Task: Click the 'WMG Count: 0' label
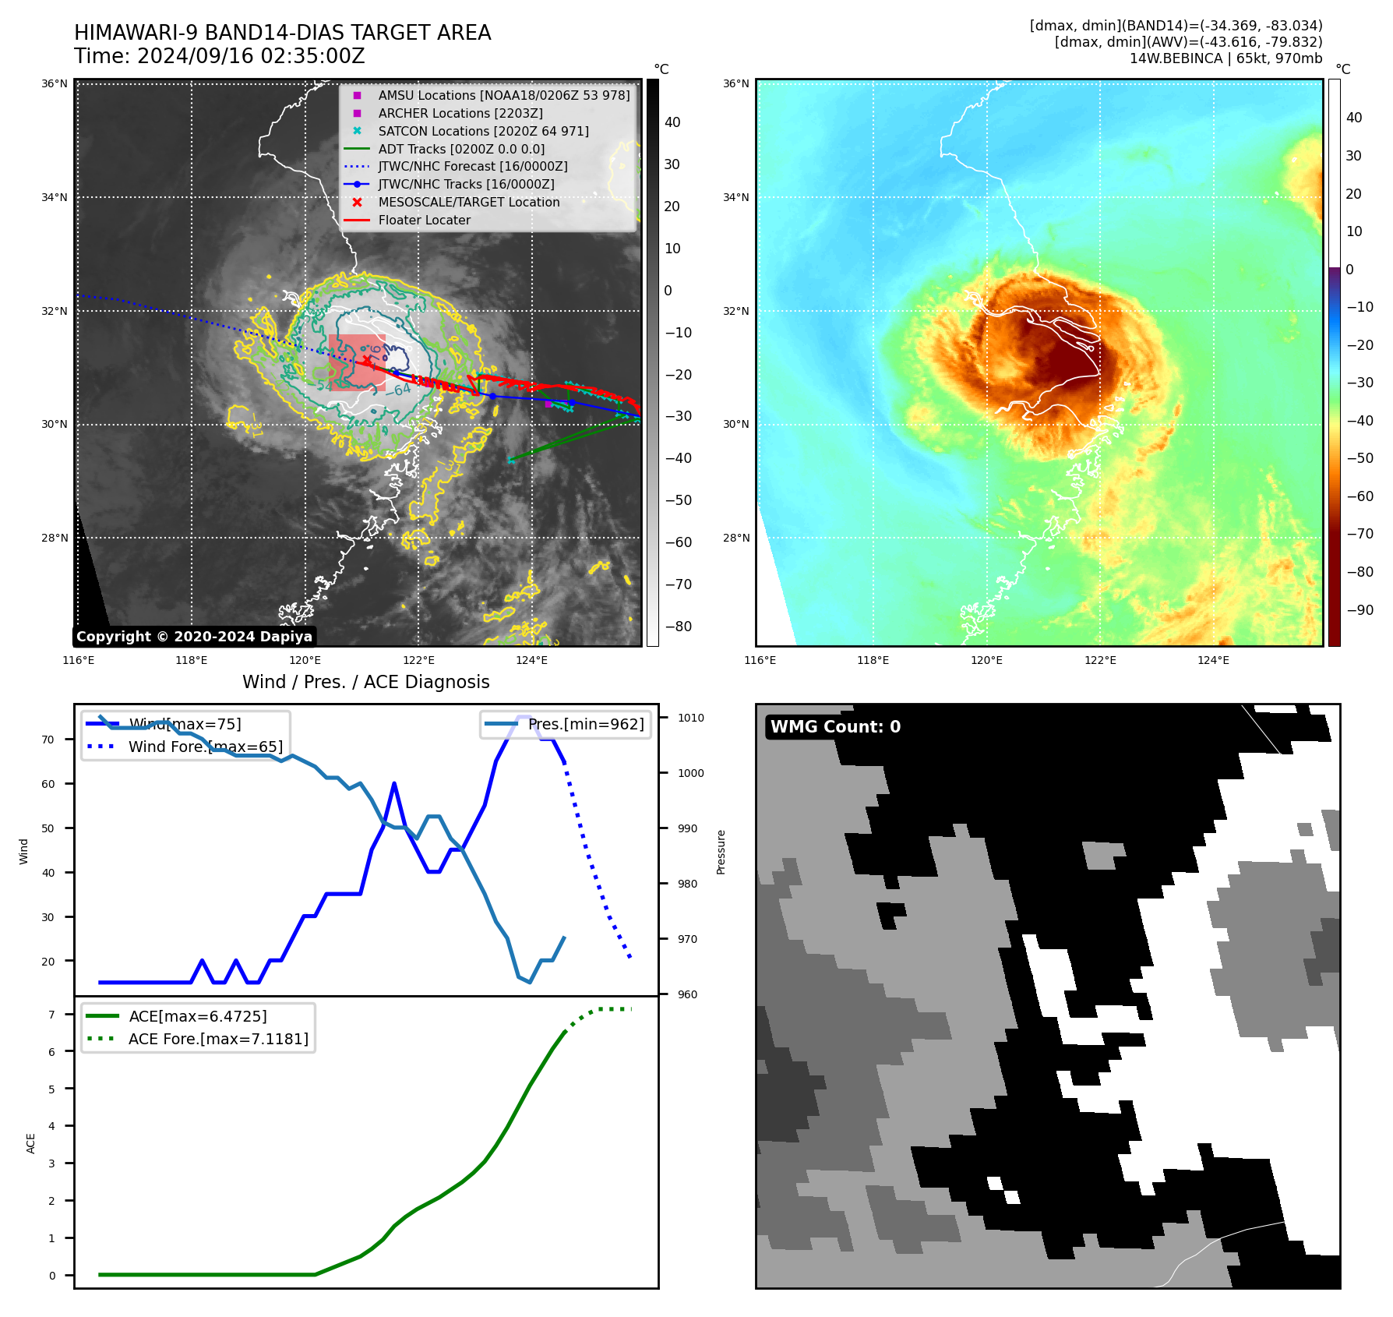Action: click(x=835, y=726)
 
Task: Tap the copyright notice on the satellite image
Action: click(x=194, y=637)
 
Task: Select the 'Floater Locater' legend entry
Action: click(x=424, y=221)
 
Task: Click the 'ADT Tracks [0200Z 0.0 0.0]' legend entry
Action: click(x=461, y=149)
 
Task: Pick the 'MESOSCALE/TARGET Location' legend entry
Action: click(x=468, y=203)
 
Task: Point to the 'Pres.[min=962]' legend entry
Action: click(x=585, y=725)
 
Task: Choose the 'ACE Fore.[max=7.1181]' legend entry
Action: click(x=218, y=1039)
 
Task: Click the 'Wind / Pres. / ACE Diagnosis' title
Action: click(x=365, y=682)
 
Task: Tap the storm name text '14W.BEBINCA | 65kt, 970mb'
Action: click(x=1225, y=58)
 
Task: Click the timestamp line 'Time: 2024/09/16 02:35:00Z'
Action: click(x=219, y=56)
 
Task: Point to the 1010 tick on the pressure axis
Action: click(x=690, y=718)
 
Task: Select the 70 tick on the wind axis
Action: click(x=48, y=740)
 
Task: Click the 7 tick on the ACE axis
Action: click(x=51, y=1015)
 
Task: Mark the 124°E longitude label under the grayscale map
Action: click(x=531, y=661)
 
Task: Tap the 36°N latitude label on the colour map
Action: click(x=735, y=83)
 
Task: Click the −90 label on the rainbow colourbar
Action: click(x=1359, y=610)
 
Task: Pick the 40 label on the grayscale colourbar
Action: click(x=672, y=122)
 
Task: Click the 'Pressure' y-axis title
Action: click(x=721, y=852)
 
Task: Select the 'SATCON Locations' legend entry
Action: click(x=483, y=131)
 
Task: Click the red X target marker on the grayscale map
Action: click(x=366, y=359)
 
